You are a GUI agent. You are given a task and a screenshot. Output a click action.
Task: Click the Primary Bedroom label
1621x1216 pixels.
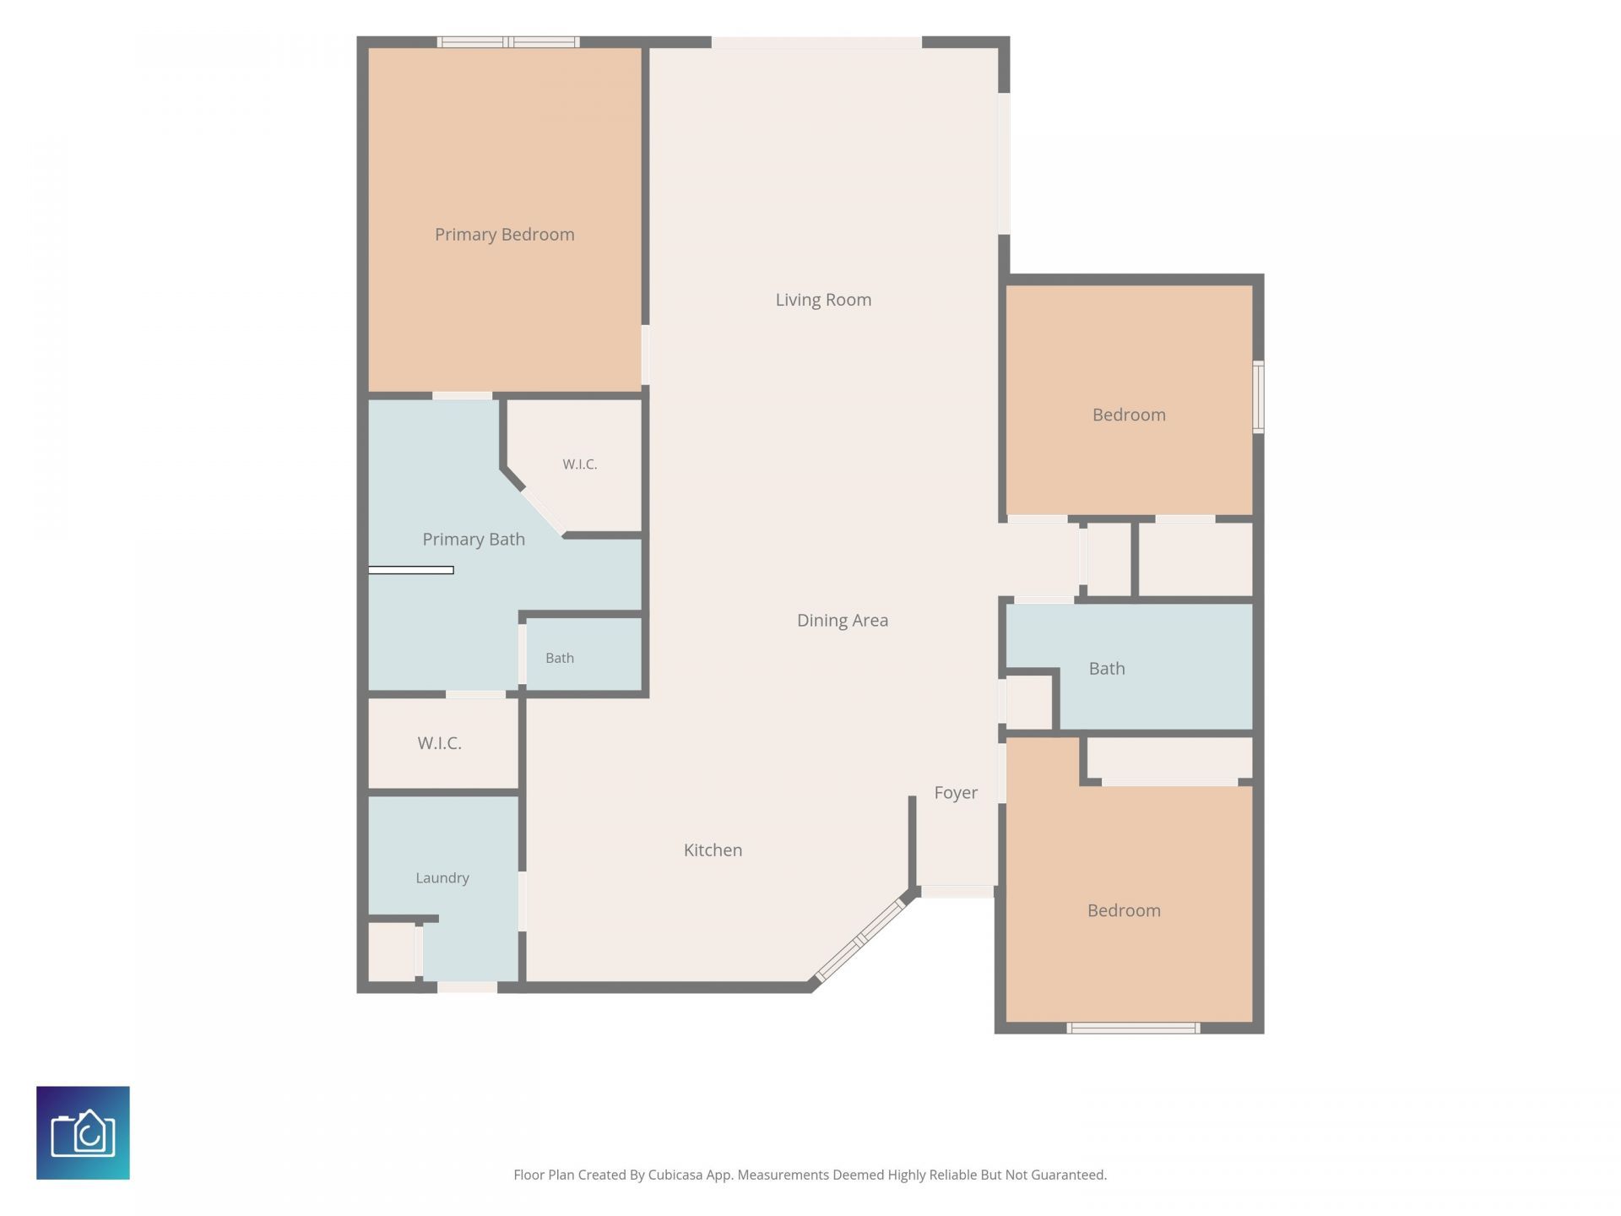tap(504, 235)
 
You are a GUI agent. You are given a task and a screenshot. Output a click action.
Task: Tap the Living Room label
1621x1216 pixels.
tap(823, 300)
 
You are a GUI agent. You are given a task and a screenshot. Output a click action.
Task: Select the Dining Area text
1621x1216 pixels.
tap(842, 621)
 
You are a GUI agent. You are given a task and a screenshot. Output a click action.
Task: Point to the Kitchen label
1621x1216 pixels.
tap(713, 850)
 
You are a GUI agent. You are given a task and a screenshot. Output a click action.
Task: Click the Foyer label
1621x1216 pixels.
tap(956, 793)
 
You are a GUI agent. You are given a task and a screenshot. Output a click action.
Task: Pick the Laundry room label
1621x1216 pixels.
tap(442, 878)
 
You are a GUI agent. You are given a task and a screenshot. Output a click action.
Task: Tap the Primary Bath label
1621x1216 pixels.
tap(474, 540)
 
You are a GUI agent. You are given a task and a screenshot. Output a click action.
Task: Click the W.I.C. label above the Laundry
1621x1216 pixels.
tap(439, 743)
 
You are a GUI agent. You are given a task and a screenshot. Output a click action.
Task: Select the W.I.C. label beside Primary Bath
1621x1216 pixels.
tap(579, 464)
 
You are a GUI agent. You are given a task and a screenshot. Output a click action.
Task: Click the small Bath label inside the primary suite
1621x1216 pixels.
tap(559, 658)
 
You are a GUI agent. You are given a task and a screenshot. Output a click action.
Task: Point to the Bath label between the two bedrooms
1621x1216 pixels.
tap(1106, 669)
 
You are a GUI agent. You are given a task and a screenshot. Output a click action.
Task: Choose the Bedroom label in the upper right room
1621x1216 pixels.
tap(1129, 415)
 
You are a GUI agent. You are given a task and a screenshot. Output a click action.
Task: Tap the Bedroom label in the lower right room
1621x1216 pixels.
tap(1124, 910)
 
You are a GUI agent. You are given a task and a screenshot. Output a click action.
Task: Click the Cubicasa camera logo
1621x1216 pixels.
tap(83, 1132)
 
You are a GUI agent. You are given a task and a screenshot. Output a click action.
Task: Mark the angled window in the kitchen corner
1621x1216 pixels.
tap(859, 940)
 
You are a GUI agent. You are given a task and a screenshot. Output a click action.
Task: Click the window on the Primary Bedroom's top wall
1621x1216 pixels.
tap(508, 41)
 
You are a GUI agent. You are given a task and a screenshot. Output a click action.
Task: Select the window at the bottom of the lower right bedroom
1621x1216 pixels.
tap(1133, 1028)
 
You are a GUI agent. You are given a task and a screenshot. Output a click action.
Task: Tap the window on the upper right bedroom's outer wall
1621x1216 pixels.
tap(1258, 397)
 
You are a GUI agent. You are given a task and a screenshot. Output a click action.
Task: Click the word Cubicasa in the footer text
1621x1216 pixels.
tap(675, 1175)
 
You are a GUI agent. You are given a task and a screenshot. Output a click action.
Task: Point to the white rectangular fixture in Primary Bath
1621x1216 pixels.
tap(411, 570)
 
